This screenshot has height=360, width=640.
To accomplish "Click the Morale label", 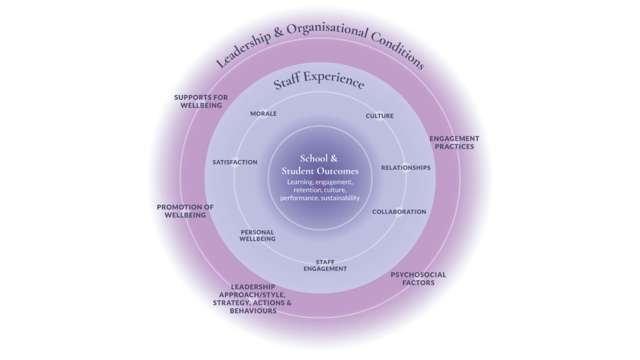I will click(x=263, y=114).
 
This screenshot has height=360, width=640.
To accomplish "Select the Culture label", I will click(x=379, y=116).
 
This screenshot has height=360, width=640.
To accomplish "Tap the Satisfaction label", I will click(x=235, y=162).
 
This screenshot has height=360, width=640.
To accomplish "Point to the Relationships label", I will click(x=406, y=167).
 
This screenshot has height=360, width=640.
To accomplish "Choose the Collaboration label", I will click(x=399, y=212).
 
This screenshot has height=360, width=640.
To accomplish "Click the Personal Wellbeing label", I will click(x=257, y=236).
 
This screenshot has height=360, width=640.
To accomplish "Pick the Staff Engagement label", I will click(x=325, y=266).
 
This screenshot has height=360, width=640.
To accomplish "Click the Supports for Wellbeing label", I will click(x=201, y=101).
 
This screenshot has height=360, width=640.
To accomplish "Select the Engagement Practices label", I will click(x=454, y=142).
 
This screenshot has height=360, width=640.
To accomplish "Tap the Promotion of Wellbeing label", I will click(x=185, y=211).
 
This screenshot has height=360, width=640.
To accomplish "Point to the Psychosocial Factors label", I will click(x=418, y=278).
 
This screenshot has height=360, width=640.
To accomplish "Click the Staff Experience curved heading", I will click(x=319, y=82).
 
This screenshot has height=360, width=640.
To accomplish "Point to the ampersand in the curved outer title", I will click(x=279, y=33).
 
